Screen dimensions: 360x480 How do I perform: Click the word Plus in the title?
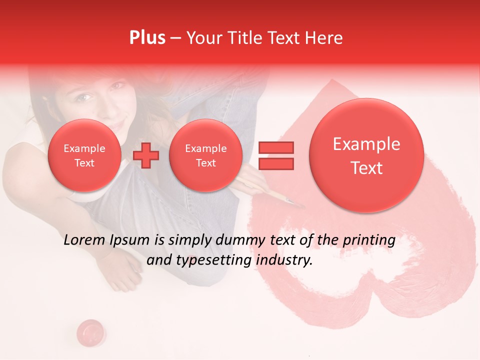click(147, 38)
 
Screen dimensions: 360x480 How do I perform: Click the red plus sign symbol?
click(146, 155)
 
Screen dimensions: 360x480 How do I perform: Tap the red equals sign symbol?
click(275, 155)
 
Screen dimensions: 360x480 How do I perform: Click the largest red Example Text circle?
click(366, 155)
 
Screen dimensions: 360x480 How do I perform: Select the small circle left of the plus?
click(84, 155)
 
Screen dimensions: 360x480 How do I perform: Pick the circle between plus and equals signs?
click(205, 155)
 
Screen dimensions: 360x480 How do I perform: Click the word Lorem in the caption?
click(85, 240)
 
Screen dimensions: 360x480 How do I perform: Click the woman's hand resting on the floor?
click(125, 272)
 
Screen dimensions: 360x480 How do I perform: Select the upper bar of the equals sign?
click(275, 147)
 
